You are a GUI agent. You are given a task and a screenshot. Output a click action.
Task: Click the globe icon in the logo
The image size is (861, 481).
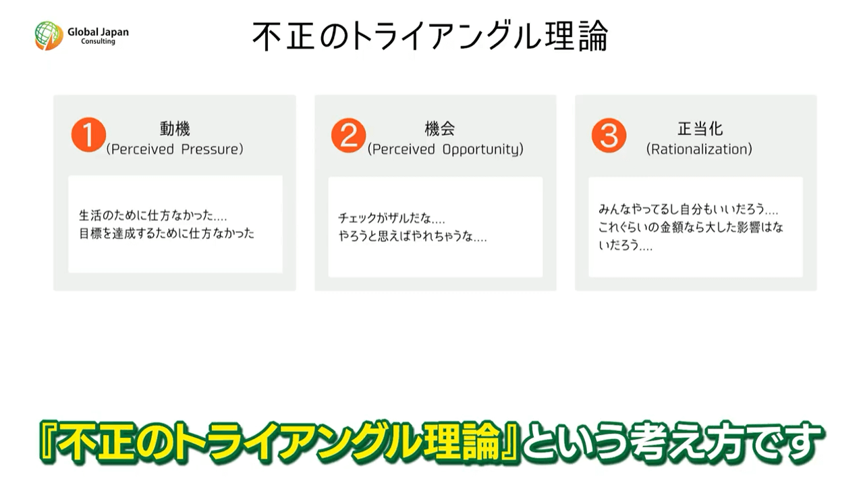pos(49,35)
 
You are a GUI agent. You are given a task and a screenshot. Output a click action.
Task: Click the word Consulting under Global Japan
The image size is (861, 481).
pos(98,41)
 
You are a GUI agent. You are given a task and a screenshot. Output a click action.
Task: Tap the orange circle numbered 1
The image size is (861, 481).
pos(88,134)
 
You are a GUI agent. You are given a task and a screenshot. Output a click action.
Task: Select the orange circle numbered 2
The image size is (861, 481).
pos(349,135)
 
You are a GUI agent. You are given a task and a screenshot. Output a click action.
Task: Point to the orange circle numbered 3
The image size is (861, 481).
pos(609,135)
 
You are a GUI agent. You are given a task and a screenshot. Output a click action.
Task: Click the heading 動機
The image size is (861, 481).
pos(175,128)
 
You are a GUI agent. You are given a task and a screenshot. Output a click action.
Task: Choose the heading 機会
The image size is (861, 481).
pos(440,128)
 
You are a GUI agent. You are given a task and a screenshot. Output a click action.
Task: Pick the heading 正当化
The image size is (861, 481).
pos(700,128)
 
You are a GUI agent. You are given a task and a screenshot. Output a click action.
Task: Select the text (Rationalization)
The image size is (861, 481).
pos(699,149)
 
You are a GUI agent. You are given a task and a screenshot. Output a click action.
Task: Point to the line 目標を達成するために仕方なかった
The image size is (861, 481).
pos(167,233)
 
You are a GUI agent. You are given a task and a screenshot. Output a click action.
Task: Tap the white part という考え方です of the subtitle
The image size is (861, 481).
pos(670,442)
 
